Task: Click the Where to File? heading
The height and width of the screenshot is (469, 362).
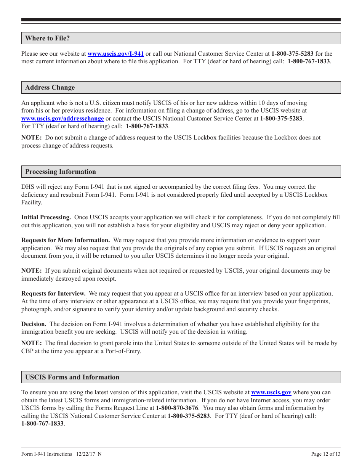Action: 47,38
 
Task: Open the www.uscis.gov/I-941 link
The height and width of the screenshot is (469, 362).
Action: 115,54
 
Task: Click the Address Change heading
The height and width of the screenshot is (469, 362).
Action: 50,87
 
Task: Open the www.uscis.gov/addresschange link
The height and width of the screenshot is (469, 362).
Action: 62,119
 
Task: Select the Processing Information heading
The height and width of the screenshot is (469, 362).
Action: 61,172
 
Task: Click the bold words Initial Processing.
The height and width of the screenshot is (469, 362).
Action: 46,217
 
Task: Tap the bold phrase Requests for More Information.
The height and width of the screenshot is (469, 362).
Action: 66,240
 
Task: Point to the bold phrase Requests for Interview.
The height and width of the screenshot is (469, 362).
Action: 53,294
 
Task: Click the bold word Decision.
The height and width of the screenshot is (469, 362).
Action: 34,324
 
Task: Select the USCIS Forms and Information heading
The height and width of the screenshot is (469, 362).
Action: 72,377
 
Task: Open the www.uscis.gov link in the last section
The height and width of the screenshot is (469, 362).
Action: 271,392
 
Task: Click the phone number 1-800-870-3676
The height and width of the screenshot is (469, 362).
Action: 177,408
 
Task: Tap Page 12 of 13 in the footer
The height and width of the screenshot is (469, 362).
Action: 326,454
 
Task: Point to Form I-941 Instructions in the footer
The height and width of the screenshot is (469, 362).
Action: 46,454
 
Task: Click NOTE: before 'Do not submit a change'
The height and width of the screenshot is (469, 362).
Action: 31,138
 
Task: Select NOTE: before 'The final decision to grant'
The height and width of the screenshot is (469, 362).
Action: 31,343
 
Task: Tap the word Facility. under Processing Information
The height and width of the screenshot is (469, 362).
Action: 32,202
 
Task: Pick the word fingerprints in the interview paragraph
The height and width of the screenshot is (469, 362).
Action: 315,301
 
